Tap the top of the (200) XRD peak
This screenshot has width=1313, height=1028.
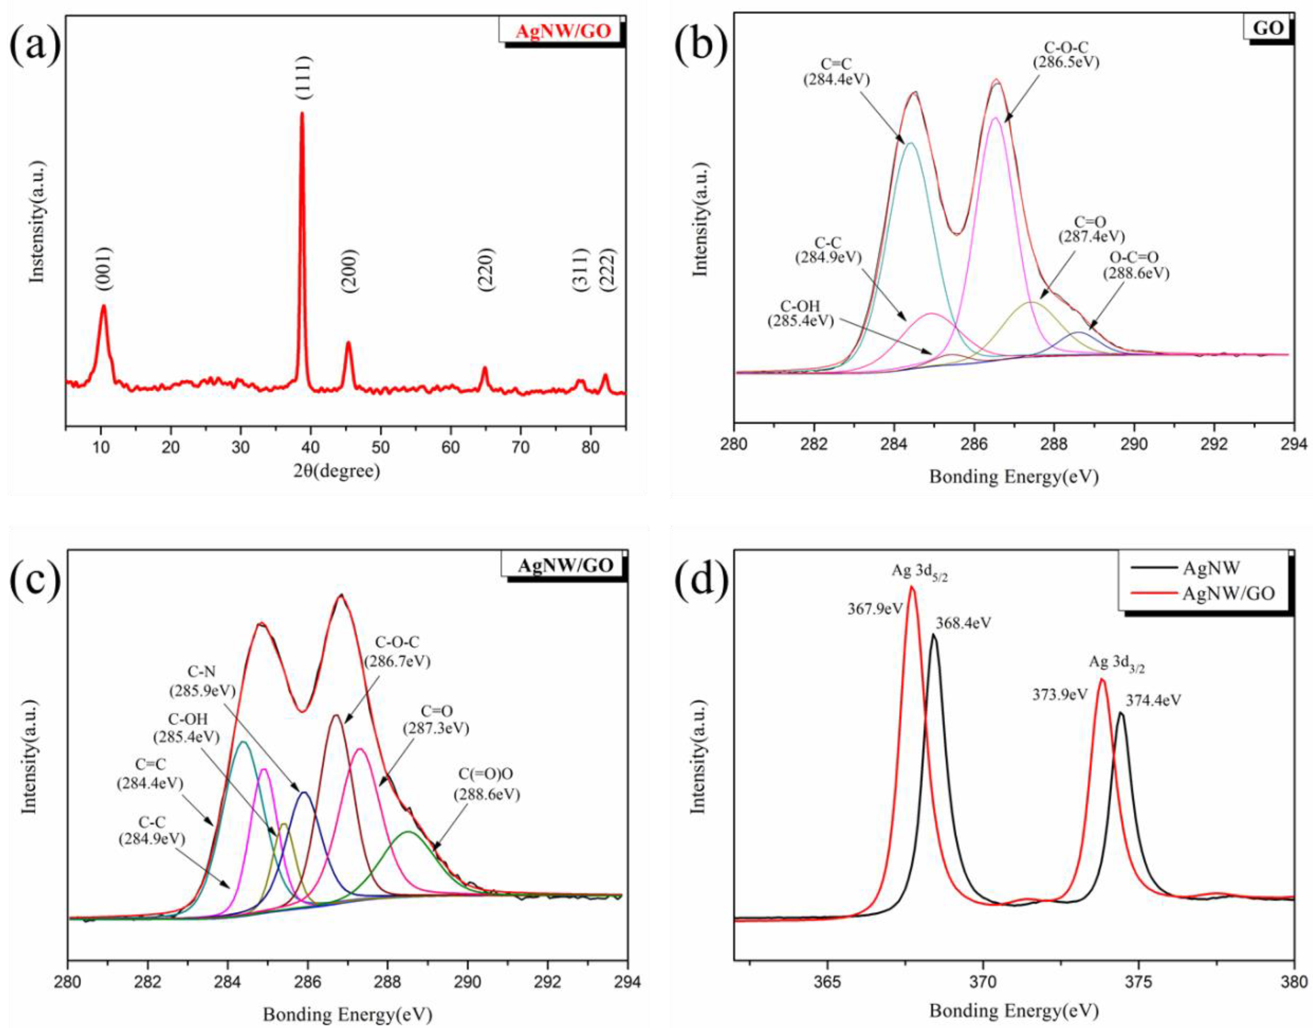tap(348, 343)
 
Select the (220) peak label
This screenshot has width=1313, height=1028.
tap(486, 270)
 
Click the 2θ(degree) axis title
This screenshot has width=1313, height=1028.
tap(337, 471)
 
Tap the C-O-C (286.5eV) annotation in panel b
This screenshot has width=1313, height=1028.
tap(1066, 54)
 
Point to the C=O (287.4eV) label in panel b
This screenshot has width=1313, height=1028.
tap(1091, 229)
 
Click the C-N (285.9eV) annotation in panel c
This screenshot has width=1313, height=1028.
tap(202, 682)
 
